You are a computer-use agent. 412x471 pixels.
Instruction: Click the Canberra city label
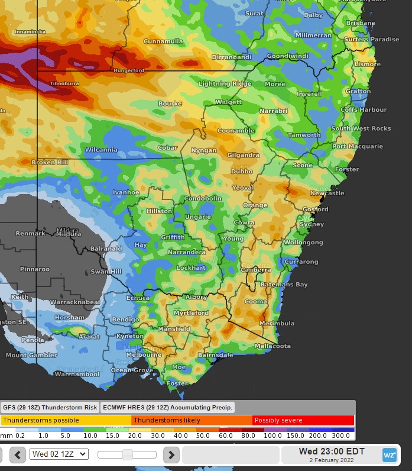pos(257,270)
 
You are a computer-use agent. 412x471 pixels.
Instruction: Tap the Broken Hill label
pos(50,162)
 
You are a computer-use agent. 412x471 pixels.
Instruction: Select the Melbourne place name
pos(144,355)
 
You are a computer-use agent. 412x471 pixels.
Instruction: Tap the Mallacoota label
pos(272,346)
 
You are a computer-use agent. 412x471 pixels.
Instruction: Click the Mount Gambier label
pos(31,356)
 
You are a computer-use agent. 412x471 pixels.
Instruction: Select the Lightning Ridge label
pos(224,84)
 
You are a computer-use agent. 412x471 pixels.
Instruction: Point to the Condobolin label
pos(203,198)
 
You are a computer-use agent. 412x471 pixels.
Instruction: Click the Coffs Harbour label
pos(364,109)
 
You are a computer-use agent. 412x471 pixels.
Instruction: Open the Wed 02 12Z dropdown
pos(59,454)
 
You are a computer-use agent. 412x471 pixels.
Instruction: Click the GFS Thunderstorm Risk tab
pos(50,407)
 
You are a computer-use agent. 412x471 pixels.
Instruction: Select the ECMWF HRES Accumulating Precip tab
pos(168,407)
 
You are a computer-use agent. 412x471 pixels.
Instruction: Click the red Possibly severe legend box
pos(303,420)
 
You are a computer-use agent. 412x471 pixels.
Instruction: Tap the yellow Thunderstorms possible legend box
pos(66,420)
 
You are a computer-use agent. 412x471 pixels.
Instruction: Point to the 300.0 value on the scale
pos(342,435)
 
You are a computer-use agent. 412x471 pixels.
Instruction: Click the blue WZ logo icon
pos(389,455)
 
